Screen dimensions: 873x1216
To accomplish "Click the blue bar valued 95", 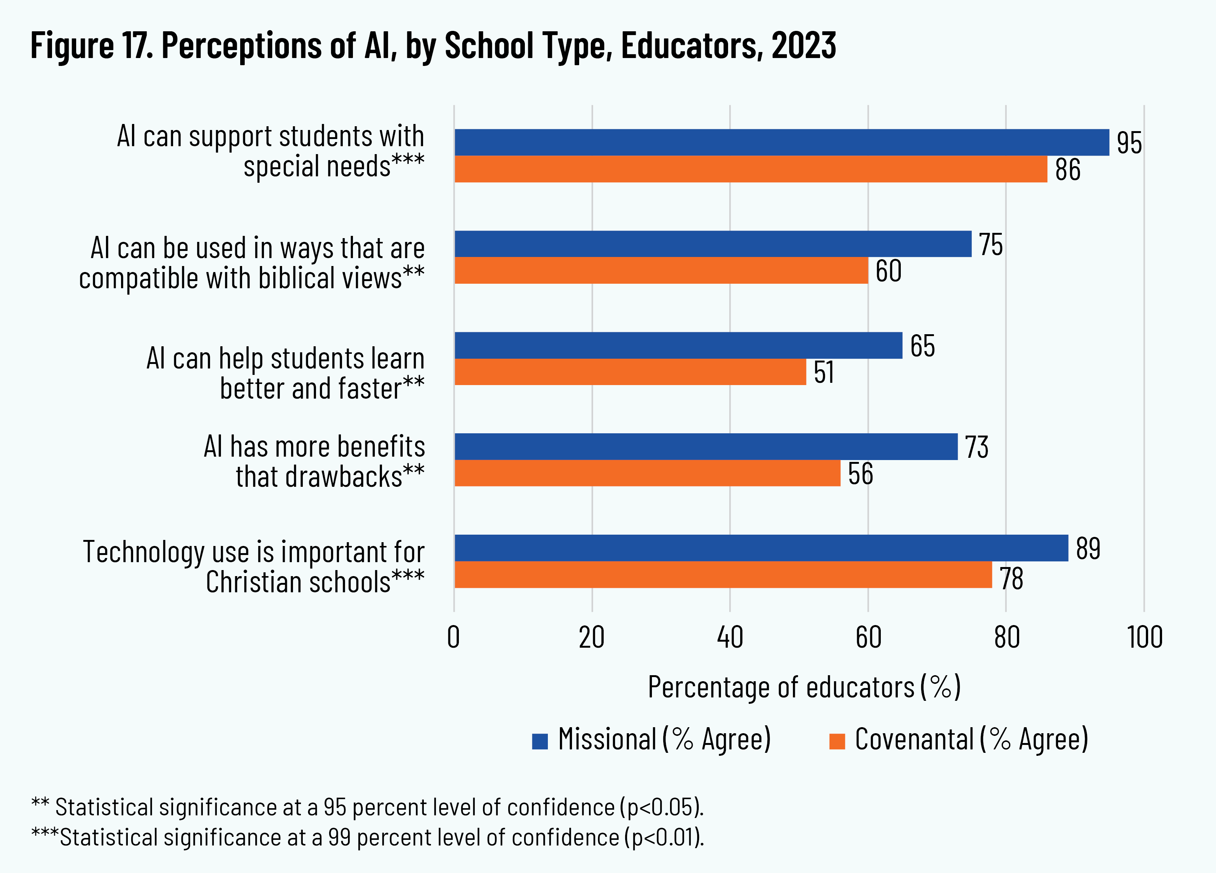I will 781,142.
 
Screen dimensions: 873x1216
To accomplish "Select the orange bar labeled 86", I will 751,169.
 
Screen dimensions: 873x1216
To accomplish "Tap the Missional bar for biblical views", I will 713,244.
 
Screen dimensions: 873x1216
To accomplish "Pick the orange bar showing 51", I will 630,372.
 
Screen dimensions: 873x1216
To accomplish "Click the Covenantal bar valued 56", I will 647,473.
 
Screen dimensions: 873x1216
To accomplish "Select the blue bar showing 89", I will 761,548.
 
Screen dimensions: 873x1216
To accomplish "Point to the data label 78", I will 1011,579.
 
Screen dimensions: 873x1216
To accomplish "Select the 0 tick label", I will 454,638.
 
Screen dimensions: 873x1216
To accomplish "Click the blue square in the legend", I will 539,741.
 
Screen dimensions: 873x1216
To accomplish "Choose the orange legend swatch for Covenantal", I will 837,741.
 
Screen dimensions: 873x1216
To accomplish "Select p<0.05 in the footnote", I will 661,807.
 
